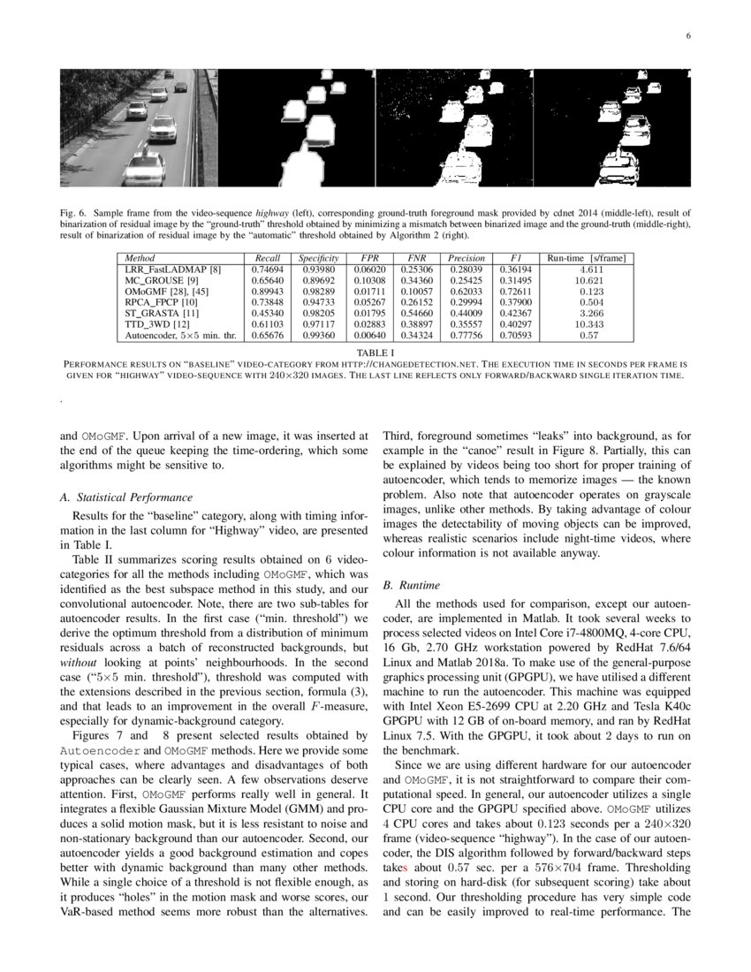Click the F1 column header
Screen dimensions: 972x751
pos(515,258)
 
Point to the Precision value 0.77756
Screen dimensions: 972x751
pos(466,336)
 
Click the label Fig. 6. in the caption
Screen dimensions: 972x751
pos(73,213)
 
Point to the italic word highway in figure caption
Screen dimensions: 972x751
pos(272,213)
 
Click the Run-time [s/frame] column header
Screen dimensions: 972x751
pos(587,258)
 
